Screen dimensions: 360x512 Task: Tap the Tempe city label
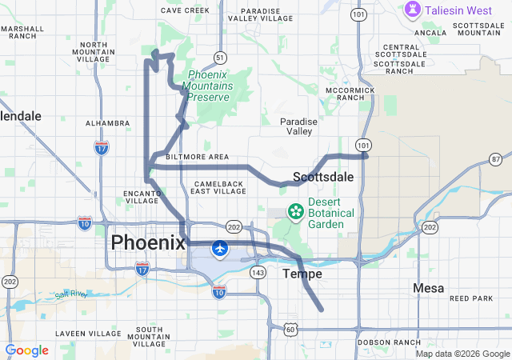pos(302,274)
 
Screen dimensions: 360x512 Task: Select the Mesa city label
pos(429,287)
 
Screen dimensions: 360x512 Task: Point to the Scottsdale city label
pos(323,176)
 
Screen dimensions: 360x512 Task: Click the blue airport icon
pos(218,250)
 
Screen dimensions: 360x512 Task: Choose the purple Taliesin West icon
pos(413,10)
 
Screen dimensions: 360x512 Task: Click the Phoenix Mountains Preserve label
pos(208,86)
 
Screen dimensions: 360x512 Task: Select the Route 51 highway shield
pos(219,57)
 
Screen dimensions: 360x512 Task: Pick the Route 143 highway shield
pos(258,273)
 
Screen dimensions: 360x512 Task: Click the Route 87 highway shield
pos(495,159)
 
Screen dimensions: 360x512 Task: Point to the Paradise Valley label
pos(299,126)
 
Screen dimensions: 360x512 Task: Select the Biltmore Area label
pos(197,157)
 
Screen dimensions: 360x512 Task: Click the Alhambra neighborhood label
pos(107,123)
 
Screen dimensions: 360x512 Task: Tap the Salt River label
pos(70,295)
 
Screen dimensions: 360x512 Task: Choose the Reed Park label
pos(471,298)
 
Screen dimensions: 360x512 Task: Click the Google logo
pos(26,350)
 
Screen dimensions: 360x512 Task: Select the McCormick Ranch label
pos(350,94)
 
